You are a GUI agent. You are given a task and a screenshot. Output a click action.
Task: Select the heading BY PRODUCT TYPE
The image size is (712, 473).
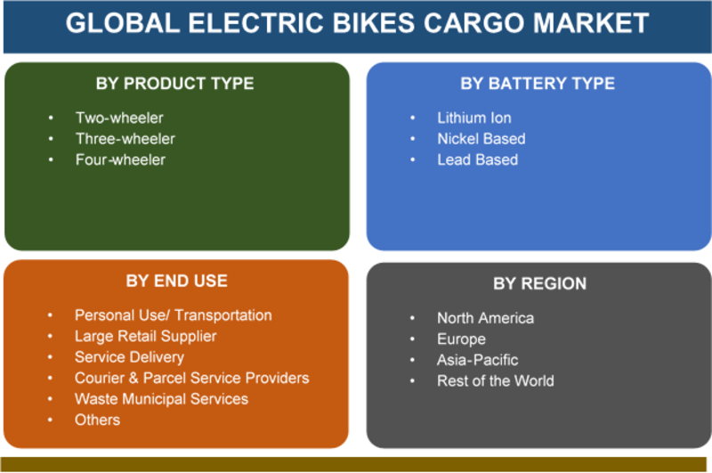(174, 84)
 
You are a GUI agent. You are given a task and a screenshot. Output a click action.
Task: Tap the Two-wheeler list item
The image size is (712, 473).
(119, 118)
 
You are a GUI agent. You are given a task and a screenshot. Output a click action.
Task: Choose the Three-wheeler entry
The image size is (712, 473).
(125, 139)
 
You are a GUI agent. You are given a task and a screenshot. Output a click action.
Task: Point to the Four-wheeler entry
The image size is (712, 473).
(120, 159)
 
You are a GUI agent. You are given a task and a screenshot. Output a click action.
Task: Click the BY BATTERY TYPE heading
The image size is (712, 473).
(538, 84)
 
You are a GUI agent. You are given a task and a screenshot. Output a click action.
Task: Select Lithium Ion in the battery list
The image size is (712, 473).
(474, 118)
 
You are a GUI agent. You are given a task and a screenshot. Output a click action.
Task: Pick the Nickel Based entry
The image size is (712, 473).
(481, 139)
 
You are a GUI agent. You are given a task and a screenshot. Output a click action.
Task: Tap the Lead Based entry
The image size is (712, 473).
(477, 159)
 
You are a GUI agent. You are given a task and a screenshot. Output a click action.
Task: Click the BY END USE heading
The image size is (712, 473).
(176, 281)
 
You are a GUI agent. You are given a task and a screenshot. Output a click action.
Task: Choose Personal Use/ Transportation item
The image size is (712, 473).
(174, 314)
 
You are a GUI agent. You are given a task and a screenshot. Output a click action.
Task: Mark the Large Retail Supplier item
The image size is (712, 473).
(145, 336)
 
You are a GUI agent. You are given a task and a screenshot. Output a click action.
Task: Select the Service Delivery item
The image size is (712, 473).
(129, 357)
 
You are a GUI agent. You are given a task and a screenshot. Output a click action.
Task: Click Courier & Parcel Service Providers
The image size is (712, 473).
(191, 378)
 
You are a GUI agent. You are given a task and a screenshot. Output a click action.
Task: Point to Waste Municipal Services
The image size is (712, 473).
(161, 399)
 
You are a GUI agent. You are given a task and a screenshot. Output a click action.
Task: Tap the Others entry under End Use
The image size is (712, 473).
(97, 420)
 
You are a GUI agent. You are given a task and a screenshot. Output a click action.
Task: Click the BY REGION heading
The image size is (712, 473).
(540, 283)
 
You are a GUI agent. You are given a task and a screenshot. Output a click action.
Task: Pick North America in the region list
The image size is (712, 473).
(485, 318)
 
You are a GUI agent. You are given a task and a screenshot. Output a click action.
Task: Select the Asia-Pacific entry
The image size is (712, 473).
(477, 360)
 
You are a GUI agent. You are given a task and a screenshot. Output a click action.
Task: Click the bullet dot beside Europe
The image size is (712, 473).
(412, 339)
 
